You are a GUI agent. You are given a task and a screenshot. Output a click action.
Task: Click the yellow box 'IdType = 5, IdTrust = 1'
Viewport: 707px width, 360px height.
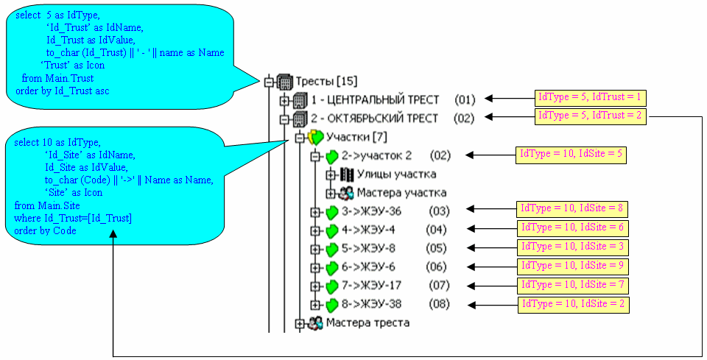(x=590, y=98)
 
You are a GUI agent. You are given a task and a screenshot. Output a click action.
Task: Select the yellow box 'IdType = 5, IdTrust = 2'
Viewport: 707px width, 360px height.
(x=590, y=116)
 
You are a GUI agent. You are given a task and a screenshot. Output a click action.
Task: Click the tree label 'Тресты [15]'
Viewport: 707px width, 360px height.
(x=326, y=81)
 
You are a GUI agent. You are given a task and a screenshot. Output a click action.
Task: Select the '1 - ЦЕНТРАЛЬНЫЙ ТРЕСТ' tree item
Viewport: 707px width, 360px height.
(x=375, y=99)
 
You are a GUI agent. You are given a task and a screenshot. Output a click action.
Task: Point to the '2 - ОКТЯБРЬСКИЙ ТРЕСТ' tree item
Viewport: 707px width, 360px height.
(x=374, y=119)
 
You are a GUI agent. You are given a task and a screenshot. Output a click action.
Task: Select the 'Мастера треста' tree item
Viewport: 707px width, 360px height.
(x=367, y=322)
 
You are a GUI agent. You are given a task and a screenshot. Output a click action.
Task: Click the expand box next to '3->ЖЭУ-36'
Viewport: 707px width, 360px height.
(x=315, y=211)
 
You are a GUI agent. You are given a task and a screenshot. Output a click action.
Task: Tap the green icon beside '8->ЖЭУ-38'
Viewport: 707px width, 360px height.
(x=331, y=304)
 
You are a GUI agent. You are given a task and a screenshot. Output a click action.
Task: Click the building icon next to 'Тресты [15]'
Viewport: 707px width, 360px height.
(x=284, y=81)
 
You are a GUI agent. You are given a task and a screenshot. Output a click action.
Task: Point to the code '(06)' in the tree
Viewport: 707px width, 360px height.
(x=438, y=267)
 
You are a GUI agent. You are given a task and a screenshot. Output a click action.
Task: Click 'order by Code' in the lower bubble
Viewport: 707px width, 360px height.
(x=45, y=231)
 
